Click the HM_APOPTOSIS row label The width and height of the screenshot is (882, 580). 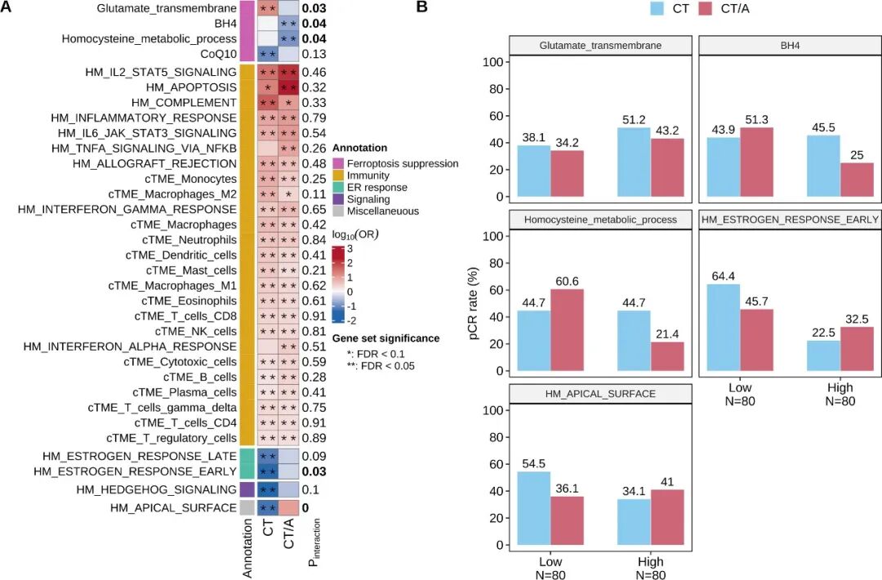[191, 87]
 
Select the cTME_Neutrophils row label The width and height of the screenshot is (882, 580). [189, 239]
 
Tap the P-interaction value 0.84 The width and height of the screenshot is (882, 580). [314, 239]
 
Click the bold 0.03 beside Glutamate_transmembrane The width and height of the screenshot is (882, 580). [314, 8]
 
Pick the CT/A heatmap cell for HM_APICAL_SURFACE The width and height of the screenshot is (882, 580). [288, 507]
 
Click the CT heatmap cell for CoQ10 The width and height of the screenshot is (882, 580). [268, 54]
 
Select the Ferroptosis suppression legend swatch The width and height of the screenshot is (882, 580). [337, 163]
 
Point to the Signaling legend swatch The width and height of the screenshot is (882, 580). [337, 199]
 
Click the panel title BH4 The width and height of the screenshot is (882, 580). [790, 46]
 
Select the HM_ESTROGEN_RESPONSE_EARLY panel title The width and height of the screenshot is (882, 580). [790, 220]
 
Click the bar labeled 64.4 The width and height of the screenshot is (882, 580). [723, 328]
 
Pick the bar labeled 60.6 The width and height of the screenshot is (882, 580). [567, 330]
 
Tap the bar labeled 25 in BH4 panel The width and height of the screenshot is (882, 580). [857, 180]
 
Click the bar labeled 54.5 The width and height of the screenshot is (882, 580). [534, 508]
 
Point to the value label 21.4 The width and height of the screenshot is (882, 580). [667, 334]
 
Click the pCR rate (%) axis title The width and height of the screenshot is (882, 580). [473, 303]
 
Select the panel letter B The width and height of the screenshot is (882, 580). [422, 7]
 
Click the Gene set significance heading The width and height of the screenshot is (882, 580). [385, 338]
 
